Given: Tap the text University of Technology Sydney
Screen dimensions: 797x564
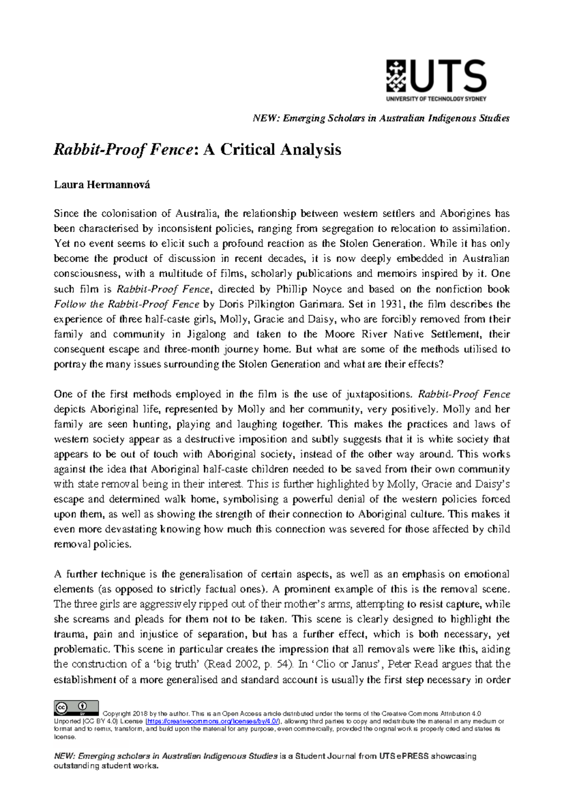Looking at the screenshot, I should click(436, 99).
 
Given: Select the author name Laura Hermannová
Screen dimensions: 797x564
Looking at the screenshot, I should click(102, 184).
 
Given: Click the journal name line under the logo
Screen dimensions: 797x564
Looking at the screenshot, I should click(381, 118).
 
